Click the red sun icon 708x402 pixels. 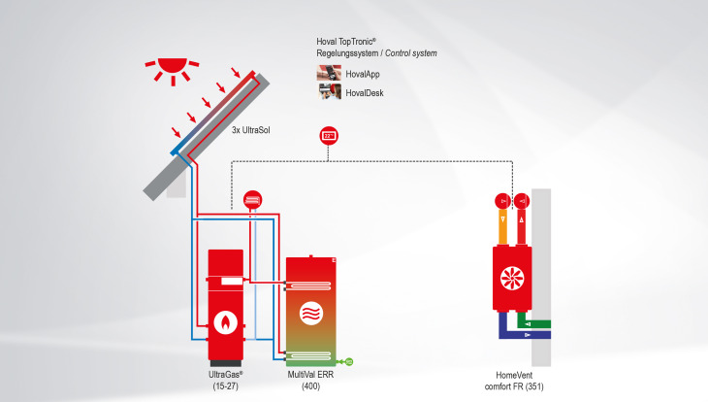pyautogui.click(x=172, y=69)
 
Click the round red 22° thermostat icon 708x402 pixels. pyautogui.click(x=328, y=136)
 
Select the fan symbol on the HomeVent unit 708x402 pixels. pyautogui.click(x=511, y=277)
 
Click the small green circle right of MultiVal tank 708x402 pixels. pyautogui.click(x=348, y=361)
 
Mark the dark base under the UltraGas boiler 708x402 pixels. pyautogui.click(x=226, y=353)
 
